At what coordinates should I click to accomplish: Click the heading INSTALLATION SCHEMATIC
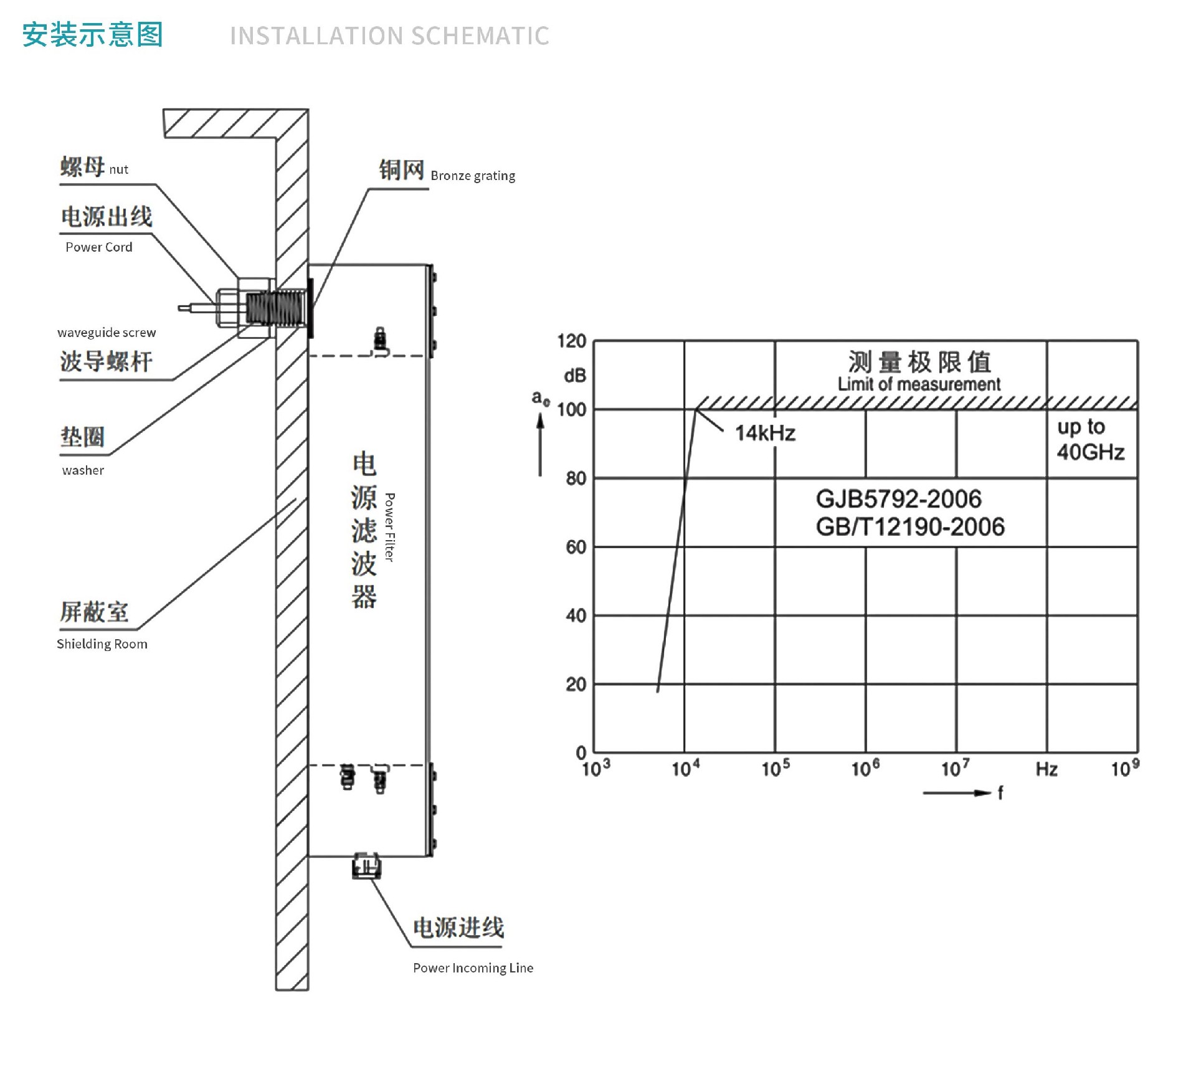[x=389, y=36]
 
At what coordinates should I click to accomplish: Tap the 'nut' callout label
[x=118, y=169]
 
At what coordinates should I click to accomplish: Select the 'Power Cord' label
[x=99, y=247]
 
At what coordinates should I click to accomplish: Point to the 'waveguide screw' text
[x=107, y=333]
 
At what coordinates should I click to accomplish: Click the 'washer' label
[x=83, y=470]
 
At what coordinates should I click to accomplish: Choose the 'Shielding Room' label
[x=102, y=644]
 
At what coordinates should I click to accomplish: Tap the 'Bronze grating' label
[x=473, y=176]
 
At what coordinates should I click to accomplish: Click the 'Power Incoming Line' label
[x=473, y=967]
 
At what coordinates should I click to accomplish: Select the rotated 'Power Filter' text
[x=389, y=527]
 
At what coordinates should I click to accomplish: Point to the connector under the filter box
[x=366, y=866]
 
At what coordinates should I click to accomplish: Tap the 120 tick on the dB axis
[x=571, y=341]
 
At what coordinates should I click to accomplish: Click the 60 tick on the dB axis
[x=576, y=547]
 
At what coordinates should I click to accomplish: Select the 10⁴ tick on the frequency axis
[x=685, y=767]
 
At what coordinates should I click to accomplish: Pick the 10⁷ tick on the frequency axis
[x=955, y=767]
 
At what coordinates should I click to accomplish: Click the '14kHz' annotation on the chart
[x=765, y=433]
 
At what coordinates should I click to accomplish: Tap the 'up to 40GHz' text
[x=1091, y=439]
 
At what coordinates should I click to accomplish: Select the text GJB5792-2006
[x=898, y=499]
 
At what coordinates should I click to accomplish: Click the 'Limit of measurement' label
[x=919, y=384]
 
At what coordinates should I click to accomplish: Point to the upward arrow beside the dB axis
[x=540, y=445]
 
